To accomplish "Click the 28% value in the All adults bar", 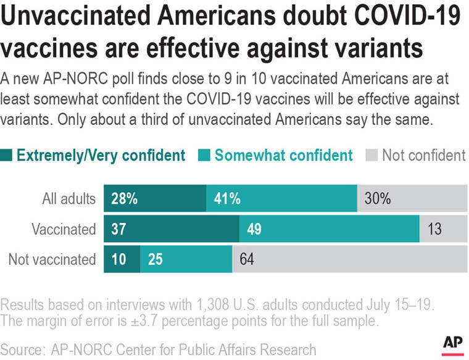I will [124, 199].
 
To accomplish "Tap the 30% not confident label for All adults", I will [377, 199].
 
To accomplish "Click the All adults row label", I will [70, 199].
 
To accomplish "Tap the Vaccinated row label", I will [64, 229].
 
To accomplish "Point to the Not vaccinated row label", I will [52, 259].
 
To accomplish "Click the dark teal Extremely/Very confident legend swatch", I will [7, 155].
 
